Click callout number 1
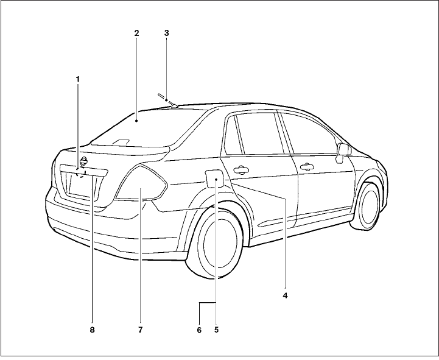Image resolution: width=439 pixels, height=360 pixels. click(x=78, y=80)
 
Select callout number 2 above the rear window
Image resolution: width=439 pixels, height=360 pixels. click(x=136, y=33)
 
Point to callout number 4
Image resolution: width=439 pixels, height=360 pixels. click(x=284, y=295)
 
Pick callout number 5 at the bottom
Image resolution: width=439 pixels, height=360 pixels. click(x=216, y=330)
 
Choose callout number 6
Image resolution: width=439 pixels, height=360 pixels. click(x=198, y=330)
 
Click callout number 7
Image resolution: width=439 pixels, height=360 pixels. click(x=140, y=330)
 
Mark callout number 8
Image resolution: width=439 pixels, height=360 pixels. click(x=92, y=330)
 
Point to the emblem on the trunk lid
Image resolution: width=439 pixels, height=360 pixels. click(x=83, y=161)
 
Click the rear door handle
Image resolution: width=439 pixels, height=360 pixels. click(x=241, y=170)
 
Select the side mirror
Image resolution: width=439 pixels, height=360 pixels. click(x=344, y=150)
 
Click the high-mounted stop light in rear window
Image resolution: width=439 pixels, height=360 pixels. click(x=122, y=143)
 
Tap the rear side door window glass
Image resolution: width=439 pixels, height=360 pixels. click(x=256, y=134)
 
